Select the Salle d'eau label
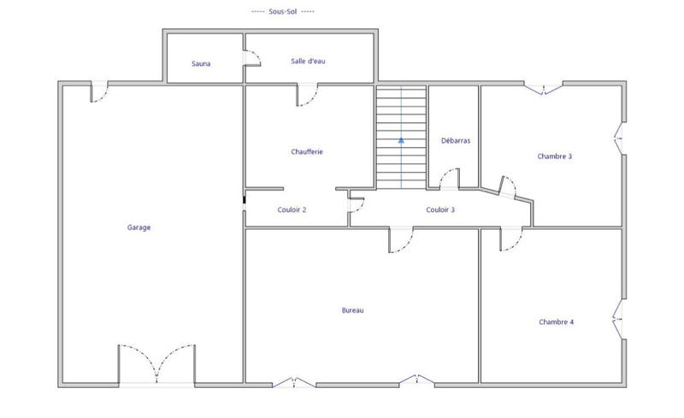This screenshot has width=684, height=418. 309,62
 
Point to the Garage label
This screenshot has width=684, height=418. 139,227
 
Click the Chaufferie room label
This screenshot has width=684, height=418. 307,152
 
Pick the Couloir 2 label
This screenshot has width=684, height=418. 292,210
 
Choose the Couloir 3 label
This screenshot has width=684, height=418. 440,210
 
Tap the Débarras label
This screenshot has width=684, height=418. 456,140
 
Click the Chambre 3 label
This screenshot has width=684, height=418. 555,156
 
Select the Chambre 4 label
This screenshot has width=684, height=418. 556,322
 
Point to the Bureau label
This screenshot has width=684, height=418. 352,310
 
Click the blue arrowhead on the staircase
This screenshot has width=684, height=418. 401,138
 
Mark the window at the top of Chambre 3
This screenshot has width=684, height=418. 542,87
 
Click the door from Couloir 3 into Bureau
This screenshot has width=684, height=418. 401,240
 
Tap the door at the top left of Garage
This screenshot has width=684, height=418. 100,91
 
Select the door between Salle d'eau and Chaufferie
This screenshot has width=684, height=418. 307,95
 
